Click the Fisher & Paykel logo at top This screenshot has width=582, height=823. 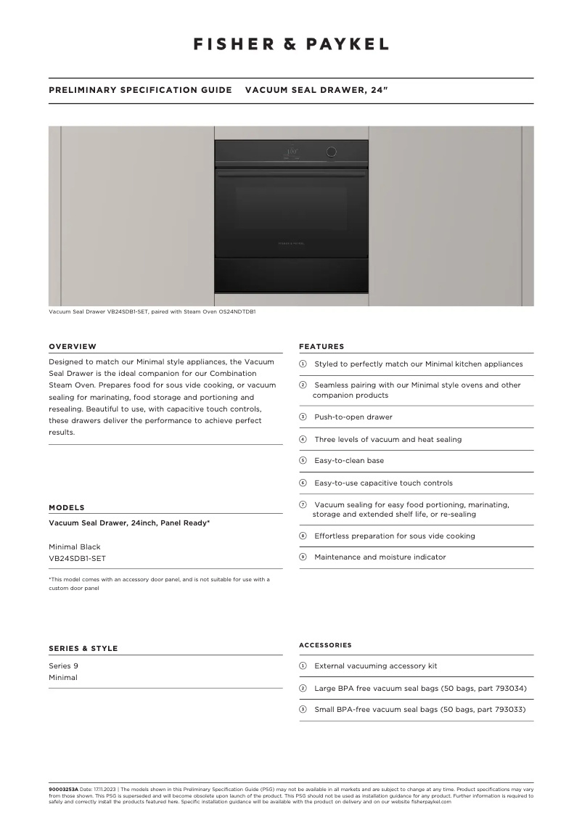point(291,44)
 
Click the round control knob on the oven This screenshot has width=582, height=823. point(331,152)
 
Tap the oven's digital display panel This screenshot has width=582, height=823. point(291,152)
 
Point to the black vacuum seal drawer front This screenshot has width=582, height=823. point(291,274)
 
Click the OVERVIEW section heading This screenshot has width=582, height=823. point(73,346)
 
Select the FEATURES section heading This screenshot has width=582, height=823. point(321,346)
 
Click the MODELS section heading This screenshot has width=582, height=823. point(67,507)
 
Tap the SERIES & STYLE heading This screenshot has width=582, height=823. point(83,648)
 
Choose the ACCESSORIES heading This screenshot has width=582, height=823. point(325,644)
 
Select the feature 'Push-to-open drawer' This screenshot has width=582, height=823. point(353,417)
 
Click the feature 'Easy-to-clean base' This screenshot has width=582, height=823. point(349,460)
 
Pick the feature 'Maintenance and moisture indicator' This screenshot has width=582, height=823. point(380,557)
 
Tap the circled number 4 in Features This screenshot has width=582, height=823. point(303,439)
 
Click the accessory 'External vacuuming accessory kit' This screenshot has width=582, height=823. point(375,666)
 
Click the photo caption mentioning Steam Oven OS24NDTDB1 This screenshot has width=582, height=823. point(152,311)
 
